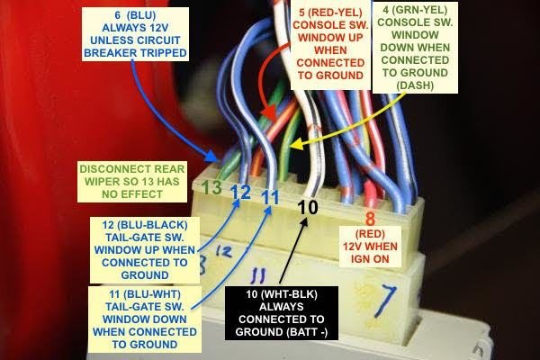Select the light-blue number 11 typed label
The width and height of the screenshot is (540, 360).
[270, 196]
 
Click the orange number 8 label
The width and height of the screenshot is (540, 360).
[369, 217]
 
